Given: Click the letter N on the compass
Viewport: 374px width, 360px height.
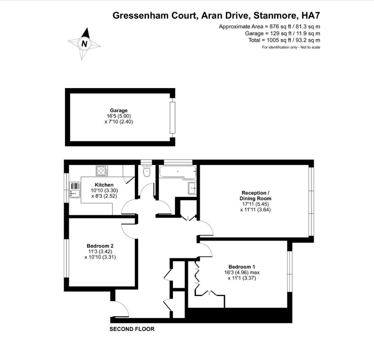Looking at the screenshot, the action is tap(84, 43).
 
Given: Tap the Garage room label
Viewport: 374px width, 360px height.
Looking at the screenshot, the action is tap(118, 111).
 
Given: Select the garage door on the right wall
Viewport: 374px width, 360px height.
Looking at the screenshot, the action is tap(172, 117).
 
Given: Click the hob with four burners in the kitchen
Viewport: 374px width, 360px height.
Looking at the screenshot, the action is tap(102, 171).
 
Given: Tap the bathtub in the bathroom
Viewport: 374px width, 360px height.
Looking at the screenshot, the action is tap(178, 172).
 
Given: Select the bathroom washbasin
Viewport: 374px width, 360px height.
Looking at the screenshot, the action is tap(192, 188).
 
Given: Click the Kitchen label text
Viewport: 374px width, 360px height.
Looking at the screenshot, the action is tap(104, 185).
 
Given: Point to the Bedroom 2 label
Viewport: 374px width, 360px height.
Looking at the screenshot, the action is tap(100, 246).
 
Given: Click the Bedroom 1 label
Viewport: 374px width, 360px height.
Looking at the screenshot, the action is tap(241, 267).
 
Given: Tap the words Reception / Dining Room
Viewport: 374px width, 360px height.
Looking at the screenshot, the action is tap(256, 196).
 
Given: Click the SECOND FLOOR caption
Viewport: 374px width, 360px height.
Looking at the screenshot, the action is tap(132, 329).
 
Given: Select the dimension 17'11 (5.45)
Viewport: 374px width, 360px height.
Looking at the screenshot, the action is tap(256, 204).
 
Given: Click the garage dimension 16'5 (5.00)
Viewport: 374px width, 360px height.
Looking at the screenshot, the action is tap(119, 116).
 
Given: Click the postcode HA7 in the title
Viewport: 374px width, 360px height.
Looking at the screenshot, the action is tap(311, 16).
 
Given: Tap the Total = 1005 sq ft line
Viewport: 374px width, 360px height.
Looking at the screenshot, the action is tap(284, 40).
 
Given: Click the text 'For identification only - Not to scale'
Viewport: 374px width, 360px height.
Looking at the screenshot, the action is tap(291, 47).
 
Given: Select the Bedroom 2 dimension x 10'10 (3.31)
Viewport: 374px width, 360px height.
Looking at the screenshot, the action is tap(100, 257).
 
